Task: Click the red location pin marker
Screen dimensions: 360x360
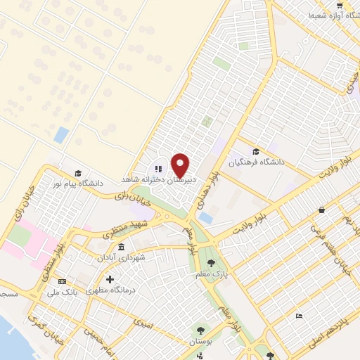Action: coord(181,165)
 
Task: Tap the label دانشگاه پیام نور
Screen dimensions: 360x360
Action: coord(80,184)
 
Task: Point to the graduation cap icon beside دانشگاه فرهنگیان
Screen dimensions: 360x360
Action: coord(255,151)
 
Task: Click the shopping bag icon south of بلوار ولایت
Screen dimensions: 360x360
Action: coord(322,210)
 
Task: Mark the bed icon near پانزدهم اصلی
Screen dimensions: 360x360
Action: coord(299,316)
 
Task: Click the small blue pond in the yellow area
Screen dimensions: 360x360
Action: coord(61,134)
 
